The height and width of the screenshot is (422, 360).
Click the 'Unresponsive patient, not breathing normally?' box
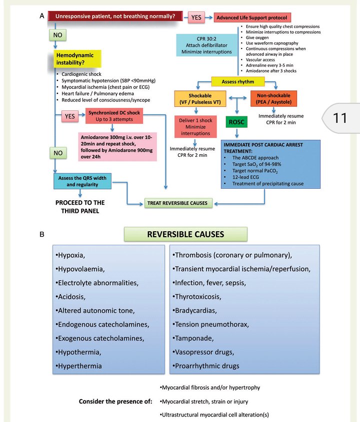point(115,16)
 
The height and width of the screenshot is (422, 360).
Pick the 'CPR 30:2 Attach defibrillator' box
point(206,44)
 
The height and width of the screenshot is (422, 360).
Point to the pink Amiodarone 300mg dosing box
point(117,146)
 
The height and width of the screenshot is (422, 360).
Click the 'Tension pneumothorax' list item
point(211,324)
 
